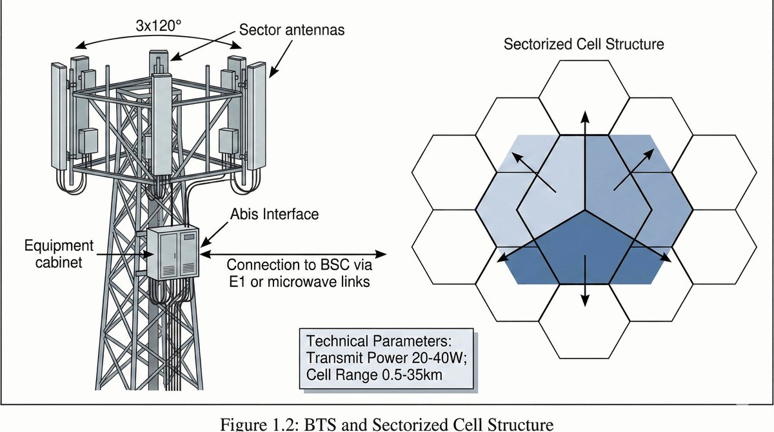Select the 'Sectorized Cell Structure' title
pos(584,44)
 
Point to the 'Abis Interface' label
pos(274,213)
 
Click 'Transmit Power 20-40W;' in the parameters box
pos(387,358)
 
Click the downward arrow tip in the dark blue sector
pos(586,303)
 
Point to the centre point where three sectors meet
pos(586,210)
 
